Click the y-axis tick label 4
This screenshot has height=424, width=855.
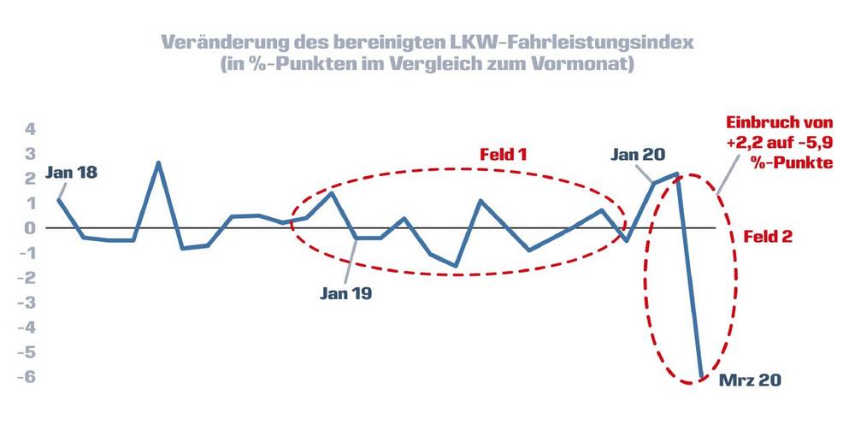pyautogui.click(x=30, y=130)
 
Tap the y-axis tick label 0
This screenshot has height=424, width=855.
pyautogui.click(x=30, y=228)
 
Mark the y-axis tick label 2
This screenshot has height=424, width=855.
pyautogui.click(x=30, y=179)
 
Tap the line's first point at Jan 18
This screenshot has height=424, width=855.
pyautogui.click(x=58, y=199)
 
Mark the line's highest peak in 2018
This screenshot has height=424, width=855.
pyautogui.click(x=158, y=162)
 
